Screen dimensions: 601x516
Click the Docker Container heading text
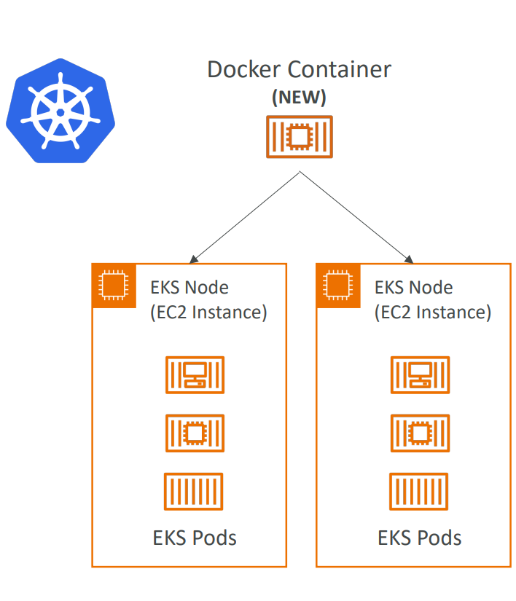tap(299, 70)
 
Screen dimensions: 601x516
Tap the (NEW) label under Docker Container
tap(299, 97)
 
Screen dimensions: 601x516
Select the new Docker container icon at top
tap(298, 136)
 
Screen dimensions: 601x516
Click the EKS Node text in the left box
tap(189, 288)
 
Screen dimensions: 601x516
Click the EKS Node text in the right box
tap(413, 288)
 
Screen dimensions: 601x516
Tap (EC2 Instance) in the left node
tap(208, 313)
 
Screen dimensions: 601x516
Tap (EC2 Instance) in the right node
tap(433, 313)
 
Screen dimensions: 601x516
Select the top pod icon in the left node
tap(195, 374)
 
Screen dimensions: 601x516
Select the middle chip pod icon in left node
tap(195, 433)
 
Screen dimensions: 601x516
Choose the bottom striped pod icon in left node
tap(194, 492)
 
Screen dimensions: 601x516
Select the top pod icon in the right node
tap(420, 374)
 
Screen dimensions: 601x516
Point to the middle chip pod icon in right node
tap(420, 433)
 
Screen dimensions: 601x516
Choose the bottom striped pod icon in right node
tap(419, 492)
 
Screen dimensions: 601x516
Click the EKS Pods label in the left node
tap(195, 538)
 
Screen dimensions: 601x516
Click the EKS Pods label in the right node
tap(420, 538)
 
